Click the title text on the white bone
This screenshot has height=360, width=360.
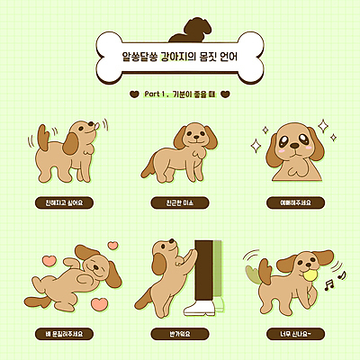point(180,57)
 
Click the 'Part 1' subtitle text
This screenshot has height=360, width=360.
point(180,93)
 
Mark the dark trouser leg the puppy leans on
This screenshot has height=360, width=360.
point(206,266)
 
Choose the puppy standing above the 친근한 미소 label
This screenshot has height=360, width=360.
point(175,153)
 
